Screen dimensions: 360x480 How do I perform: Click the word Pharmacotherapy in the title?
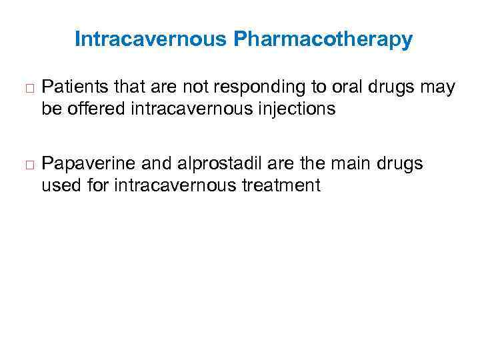[323, 40]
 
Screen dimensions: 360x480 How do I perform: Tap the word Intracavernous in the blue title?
[151, 40]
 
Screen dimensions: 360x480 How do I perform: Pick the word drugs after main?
[401, 165]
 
